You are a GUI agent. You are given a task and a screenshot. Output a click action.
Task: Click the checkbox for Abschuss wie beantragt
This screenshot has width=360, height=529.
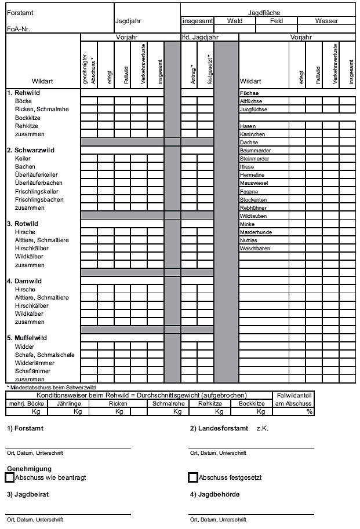pos(9,477)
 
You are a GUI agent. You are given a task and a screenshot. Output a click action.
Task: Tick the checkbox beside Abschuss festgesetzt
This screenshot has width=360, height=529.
pos(193,477)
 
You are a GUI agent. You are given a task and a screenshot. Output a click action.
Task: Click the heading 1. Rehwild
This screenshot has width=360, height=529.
pos(24,93)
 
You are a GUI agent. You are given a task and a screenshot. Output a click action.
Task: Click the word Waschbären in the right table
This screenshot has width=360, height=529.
pos(254,249)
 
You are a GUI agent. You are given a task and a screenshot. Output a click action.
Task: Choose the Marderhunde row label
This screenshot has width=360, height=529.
pos(256,232)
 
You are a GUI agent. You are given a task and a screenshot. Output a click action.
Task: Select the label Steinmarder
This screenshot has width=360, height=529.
pos(255,158)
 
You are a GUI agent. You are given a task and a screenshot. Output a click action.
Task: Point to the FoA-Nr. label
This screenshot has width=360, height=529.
pos(18,28)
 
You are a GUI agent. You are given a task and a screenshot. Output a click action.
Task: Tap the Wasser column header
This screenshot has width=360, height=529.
pos(326,21)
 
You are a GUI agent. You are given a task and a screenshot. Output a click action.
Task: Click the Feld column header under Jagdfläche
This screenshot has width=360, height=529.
pos(277,21)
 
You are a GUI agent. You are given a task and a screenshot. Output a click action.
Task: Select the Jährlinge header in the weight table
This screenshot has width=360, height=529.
pos(68,403)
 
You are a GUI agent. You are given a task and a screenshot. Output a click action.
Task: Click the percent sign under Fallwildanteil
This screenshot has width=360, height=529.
pos(310,411)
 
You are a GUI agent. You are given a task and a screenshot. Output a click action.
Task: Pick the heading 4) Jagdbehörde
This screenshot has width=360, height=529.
pos(214,494)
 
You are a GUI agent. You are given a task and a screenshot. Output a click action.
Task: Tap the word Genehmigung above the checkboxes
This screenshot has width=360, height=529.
pos(29,468)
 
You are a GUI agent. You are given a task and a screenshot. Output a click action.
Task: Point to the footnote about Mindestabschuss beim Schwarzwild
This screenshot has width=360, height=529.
pos(51,387)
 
